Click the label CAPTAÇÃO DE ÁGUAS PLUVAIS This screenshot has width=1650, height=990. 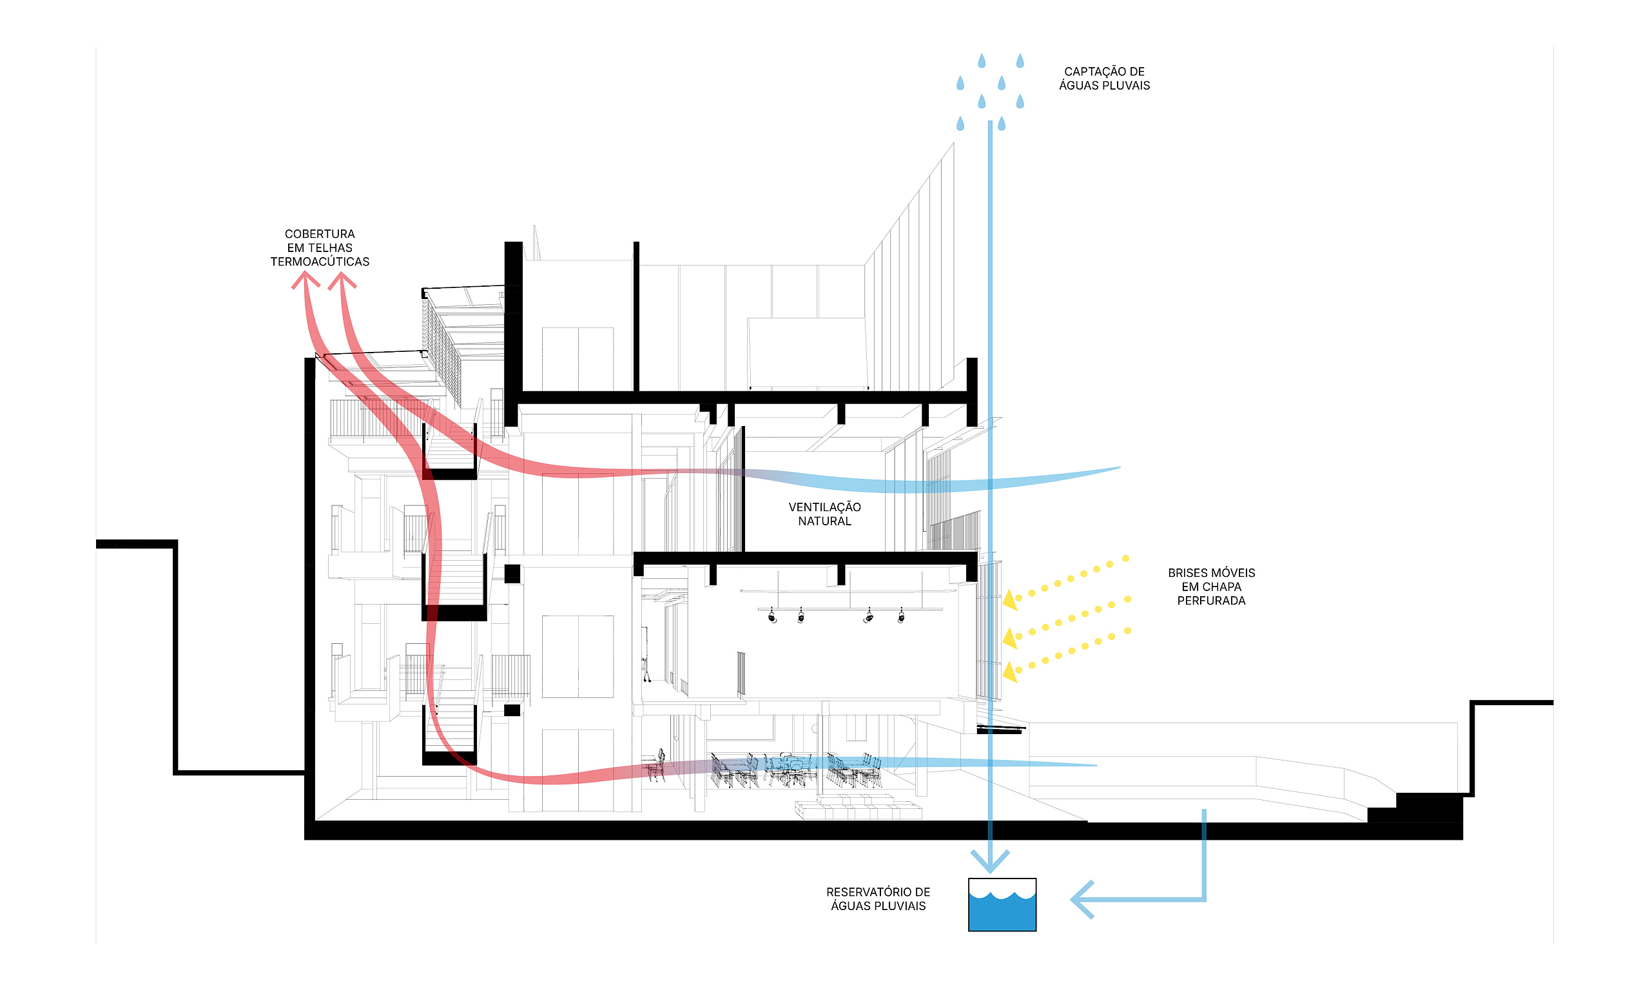pos(1104,78)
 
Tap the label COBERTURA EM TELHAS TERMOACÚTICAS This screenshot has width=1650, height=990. pos(320,247)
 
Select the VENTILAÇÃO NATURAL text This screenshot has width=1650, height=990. pos(824,514)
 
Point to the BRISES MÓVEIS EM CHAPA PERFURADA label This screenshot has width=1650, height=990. pos(1211,587)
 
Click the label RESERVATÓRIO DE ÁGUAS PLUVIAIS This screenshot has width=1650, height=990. pos(878,898)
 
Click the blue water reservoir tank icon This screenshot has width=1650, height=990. pos(1002,905)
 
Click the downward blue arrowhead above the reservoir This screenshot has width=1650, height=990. pos(990,861)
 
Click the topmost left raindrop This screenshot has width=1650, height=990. pos(982,61)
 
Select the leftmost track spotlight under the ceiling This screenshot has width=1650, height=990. pos(772,616)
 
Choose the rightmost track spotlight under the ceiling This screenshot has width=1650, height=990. pos(901,616)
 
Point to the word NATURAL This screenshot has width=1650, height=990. pos(824,521)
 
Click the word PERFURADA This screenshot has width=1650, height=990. pos(1211,601)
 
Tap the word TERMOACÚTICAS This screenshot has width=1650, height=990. pos(320,262)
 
